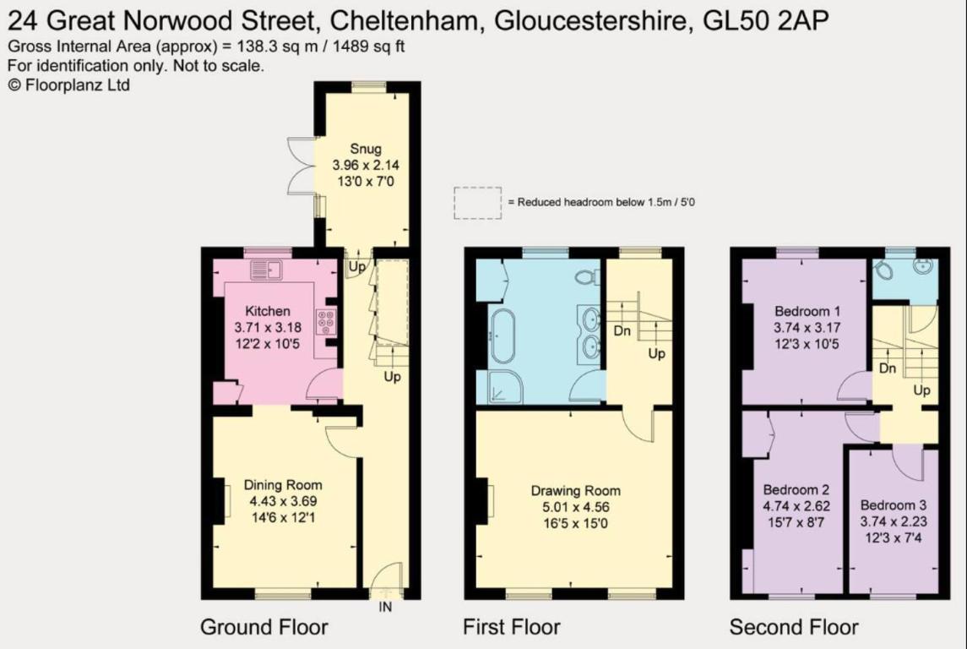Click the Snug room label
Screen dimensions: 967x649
pos(365,149)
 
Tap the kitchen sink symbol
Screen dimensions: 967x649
pos(266,270)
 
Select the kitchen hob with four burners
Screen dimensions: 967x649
pos(326,321)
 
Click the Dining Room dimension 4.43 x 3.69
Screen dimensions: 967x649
pos(283,501)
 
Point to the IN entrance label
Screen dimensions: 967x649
pos(385,607)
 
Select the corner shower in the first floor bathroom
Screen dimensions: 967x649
pos(506,386)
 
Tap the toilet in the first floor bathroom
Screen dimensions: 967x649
pos(586,276)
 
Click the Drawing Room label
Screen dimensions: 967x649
pos(575,491)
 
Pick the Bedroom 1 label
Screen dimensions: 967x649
pos(807,311)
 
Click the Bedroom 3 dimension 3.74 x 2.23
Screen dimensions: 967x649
pos(894,521)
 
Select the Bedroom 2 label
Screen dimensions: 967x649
pos(796,490)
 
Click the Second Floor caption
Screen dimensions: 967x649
pos(794,627)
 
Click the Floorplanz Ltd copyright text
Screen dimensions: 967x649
pos(68,85)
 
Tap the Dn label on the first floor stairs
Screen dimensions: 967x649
pos(622,331)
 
